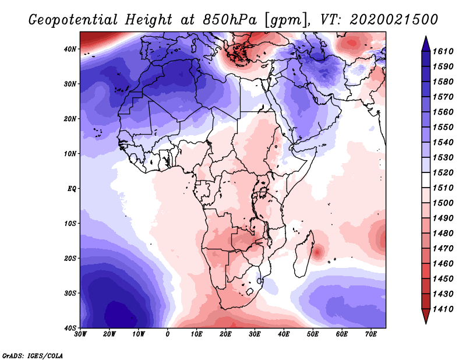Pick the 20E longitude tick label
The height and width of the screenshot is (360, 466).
[x=226, y=334]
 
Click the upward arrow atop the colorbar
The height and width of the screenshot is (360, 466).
[x=425, y=42]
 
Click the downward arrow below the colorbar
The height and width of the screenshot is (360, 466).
[x=425, y=317]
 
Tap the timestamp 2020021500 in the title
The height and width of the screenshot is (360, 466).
[x=394, y=19]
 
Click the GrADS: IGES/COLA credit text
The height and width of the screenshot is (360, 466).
[x=33, y=355]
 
